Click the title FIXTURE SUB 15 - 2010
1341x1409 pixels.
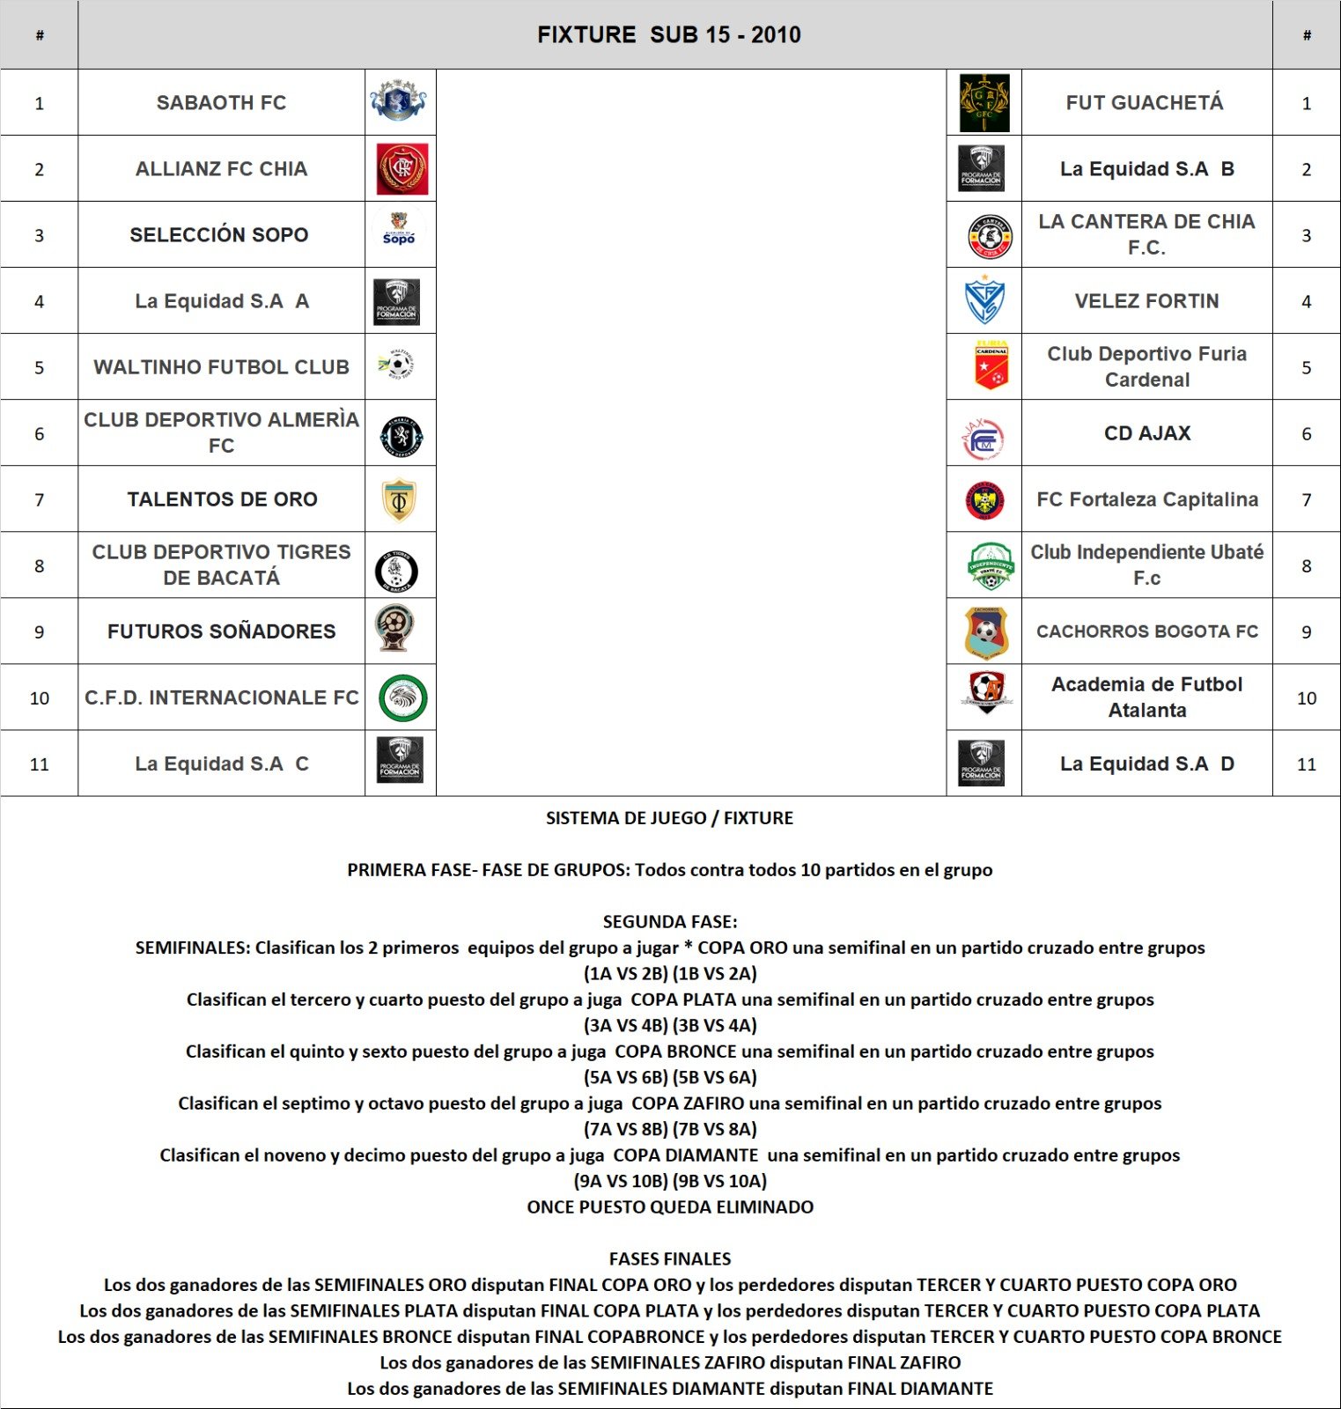coord(669,35)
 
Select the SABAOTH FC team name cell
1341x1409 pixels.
coord(221,103)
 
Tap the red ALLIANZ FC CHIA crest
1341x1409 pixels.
coord(402,169)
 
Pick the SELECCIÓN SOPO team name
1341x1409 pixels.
coord(219,235)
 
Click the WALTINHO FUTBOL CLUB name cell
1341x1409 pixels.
coord(221,367)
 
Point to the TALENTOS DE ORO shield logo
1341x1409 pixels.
coord(399,500)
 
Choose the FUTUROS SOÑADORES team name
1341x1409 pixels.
coord(221,631)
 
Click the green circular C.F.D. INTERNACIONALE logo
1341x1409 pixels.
coord(402,698)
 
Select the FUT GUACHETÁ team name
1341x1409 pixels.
coord(1145,103)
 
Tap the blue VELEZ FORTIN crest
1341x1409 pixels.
coord(984,301)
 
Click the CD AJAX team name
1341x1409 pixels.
coord(1147,433)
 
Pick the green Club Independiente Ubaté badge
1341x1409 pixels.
coord(991,566)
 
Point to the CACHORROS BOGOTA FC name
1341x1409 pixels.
coord(1147,631)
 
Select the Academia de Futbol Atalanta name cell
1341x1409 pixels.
coord(1147,697)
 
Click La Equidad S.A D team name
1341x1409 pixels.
coord(1147,764)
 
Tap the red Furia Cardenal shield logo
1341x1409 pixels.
coord(991,366)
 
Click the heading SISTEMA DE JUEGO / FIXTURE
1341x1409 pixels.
coord(669,818)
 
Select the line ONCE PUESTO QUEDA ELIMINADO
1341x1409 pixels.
coord(670,1207)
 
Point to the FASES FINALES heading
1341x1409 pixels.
coord(670,1259)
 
